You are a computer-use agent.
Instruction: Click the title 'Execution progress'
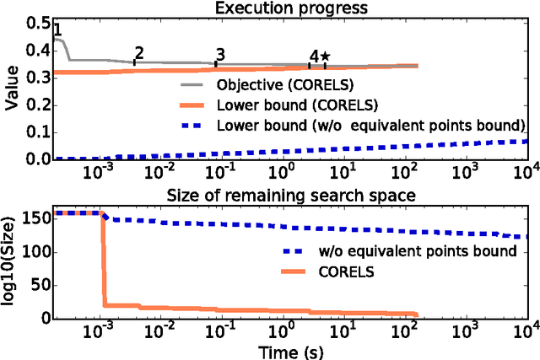click(290, 8)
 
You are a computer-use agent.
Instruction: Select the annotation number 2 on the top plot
click(139, 53)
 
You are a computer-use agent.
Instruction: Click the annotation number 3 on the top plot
click(220, 56)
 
